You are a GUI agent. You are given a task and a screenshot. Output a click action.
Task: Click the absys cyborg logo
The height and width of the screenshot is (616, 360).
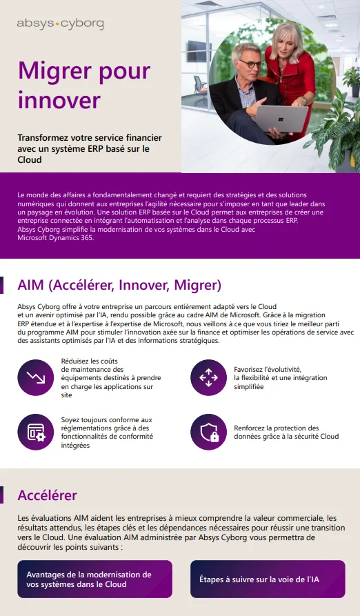point(60,24)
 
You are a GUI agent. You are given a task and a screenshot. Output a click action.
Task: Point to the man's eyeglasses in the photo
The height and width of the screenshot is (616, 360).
point(252,64)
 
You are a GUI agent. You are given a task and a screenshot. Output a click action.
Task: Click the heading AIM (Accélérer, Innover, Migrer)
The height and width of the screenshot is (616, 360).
point(119,285)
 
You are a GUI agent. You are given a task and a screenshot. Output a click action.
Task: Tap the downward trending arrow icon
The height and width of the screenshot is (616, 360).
point(36,377)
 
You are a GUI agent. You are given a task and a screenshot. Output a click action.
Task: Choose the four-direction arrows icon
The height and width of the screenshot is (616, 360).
point(208,377)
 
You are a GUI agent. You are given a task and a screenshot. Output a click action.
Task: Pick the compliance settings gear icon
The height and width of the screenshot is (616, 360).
point(36,433)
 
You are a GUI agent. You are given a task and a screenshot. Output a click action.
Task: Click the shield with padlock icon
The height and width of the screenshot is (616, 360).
point(208,433)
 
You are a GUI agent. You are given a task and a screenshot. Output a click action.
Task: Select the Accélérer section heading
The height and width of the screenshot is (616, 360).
point(47,495)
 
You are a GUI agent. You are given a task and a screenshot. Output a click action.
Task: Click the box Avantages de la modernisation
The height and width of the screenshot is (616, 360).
point(94,579)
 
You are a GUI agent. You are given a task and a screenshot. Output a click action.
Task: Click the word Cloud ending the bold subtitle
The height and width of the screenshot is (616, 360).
point(30,159)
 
